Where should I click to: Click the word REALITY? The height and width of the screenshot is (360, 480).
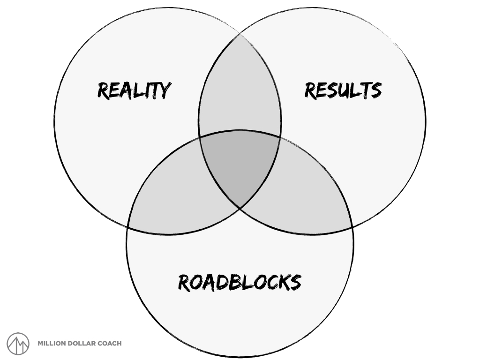tap(134, 90)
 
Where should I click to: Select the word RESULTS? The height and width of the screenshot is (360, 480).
tap(343, 90)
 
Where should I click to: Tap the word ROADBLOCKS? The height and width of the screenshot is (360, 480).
tap(240, 282)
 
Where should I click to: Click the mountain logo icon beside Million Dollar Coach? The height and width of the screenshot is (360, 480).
tap(18, 344)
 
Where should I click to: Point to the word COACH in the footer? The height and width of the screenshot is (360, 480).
tap(109, 344)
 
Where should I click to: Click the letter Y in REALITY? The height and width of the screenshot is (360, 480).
tap(164, 90)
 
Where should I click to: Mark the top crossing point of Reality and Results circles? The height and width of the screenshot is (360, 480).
tap(240, 34)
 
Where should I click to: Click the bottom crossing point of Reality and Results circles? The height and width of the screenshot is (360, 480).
tap(240, 208)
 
